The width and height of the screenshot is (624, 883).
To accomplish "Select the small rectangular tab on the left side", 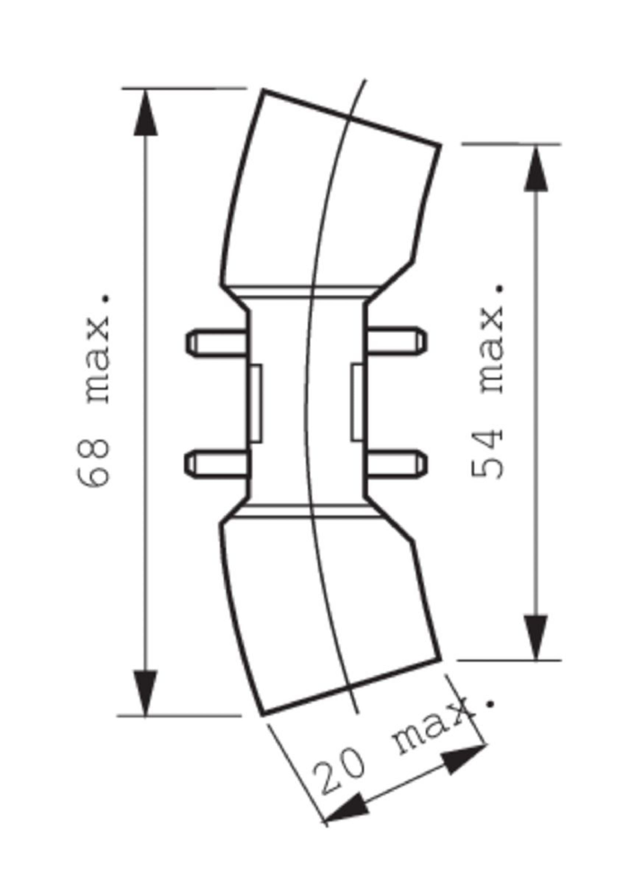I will pos(256,403).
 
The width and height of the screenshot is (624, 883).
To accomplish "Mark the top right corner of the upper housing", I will pos(440,145).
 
